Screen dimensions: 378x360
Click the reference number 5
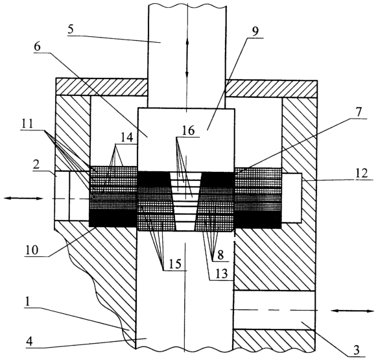point(71,30)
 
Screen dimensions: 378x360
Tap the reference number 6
point(38,47)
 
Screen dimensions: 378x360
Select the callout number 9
point(255,32)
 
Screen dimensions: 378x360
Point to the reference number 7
point(359,113)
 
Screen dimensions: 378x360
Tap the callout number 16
point(188,131)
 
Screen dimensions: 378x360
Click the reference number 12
point(361,173)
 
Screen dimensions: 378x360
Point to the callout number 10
point(32,250)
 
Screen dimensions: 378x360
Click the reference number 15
point(175,264)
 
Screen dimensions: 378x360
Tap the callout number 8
point(220,255)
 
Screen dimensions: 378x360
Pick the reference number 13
point(222,274)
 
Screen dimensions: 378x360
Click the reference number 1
point(27,302)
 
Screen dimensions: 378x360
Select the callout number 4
point(29,342)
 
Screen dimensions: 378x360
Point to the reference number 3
point(357,350)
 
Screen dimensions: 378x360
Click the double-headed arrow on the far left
point(23,198)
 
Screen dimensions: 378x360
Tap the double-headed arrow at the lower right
point(352,311)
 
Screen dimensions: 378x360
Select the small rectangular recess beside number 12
point(292,197)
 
